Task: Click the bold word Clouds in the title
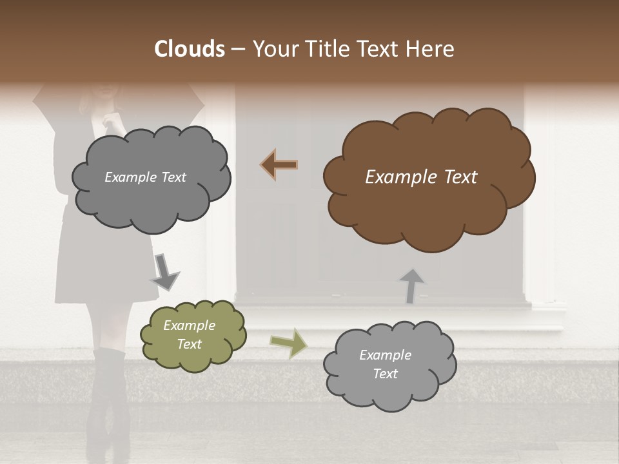[190, 49]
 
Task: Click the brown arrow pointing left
[279, 164]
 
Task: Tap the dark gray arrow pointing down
[164, 271]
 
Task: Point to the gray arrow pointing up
[411, 285]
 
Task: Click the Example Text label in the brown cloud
[421, 177]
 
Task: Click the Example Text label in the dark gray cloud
[145, 177]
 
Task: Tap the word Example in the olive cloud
[189, 325]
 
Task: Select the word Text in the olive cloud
[189, 344]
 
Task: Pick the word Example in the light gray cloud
[385, 355]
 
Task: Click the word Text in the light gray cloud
[385, 374]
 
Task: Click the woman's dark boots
[106, 400]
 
